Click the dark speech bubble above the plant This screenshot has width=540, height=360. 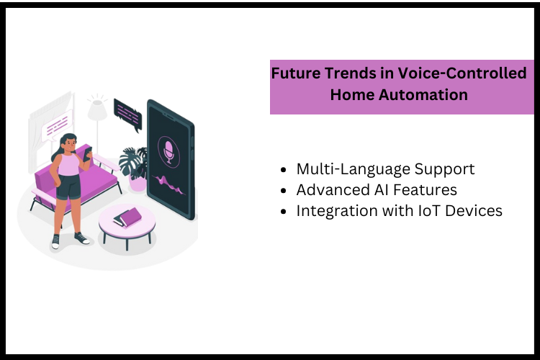coord(127,112)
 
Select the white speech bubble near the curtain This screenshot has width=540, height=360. coord(58,125)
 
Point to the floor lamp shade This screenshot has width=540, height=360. coord(97,110)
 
